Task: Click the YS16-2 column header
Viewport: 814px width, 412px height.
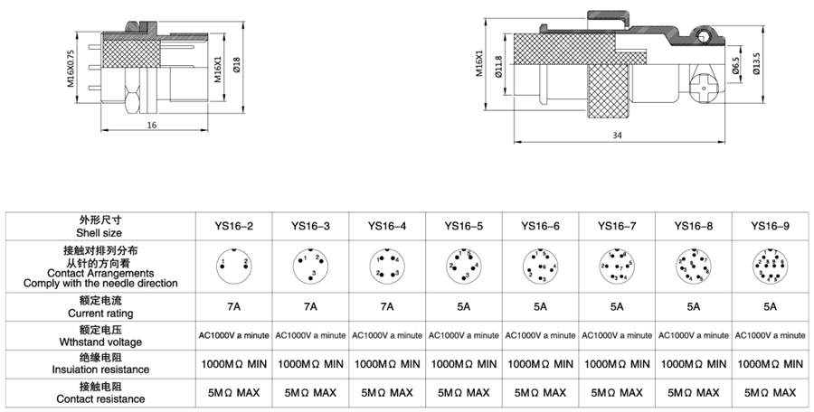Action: (234, 225)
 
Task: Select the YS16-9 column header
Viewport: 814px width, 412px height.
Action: (770, 225)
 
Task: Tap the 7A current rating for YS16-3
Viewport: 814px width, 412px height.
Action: (310, 306)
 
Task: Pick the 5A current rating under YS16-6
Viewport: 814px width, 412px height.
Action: (540, 306)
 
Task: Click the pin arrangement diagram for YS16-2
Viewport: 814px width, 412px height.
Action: (234, 265)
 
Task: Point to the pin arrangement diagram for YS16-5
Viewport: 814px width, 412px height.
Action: (463, 265)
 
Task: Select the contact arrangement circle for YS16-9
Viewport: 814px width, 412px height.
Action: (770, 265)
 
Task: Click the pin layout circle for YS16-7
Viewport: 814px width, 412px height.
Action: (616, 265)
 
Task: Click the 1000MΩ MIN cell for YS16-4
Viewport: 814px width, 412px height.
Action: (387, 364)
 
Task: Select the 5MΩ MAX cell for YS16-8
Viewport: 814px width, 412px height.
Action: (693, 393)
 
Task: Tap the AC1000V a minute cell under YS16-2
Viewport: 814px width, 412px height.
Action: (234, 335)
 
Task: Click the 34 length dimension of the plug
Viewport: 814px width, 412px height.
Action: (617, 136)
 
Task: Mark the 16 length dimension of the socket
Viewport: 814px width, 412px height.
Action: (151, 125)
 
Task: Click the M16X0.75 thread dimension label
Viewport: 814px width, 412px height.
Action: (71, 67)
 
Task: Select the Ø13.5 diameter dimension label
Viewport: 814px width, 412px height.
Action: (757, 66)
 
